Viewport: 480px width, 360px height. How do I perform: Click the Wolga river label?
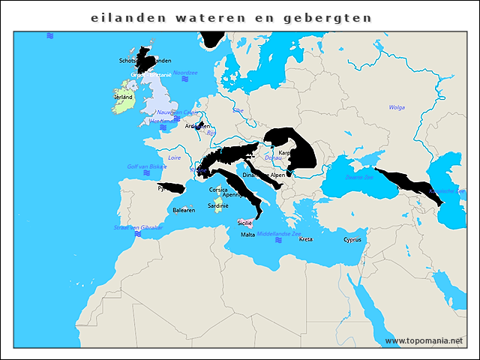[x=397, y=107]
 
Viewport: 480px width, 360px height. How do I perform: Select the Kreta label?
[x=305, y=239]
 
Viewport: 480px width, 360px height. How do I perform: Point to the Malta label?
[x=247, y=235]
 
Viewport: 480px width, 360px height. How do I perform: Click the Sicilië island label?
[x=244, y=223]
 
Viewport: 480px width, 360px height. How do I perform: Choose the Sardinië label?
[x=217, y=205]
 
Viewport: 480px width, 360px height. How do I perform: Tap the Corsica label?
[x=218, y=190]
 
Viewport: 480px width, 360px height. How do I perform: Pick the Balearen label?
[x=184, y=210]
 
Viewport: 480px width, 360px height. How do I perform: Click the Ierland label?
[x=123, y=97]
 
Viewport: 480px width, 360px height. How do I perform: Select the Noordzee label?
[x=184, y=73]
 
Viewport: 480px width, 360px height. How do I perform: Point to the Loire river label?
[x=174, y=157]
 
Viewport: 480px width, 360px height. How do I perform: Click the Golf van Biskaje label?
[x=147, y=166]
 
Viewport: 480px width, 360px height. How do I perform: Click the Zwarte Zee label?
[x=358, y=178]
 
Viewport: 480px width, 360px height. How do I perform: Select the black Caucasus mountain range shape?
[x=405, y=184]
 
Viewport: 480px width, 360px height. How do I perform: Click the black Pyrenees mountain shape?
[x=171, y=187]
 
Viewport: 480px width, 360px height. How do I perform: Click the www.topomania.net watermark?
[x=424, y=340]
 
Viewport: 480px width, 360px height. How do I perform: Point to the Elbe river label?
[x=238, y=110]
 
